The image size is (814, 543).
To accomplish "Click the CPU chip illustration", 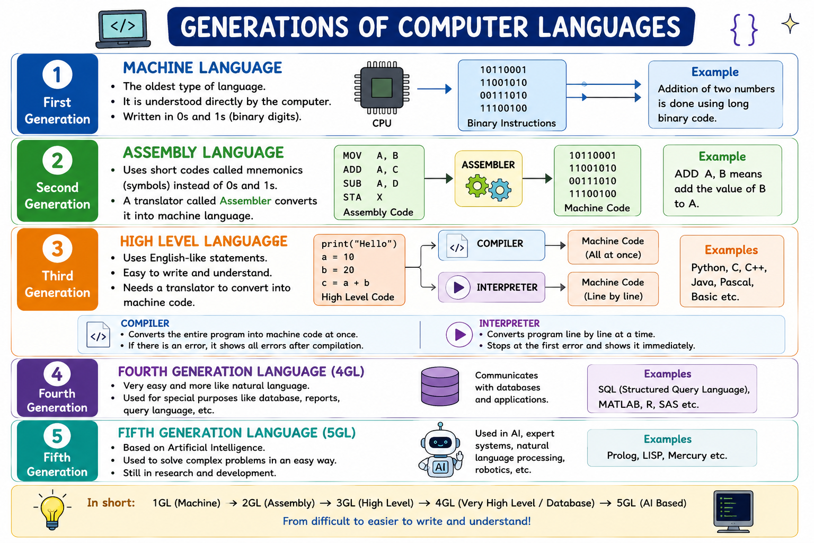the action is pos(382,87).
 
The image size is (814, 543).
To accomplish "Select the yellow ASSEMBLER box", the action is pos(489,179).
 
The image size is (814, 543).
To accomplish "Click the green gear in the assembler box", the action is pos(477,186).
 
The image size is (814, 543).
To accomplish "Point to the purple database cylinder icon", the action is pos(440,386).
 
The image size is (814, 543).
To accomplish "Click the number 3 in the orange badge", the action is pos(57,249).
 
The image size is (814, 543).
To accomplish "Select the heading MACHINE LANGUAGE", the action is pos(202,68).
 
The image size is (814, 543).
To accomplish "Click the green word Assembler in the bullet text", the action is pos(245,201).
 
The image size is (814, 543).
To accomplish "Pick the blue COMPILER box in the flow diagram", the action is pos(491,245).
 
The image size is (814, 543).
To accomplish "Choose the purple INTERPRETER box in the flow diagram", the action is pos(491,287).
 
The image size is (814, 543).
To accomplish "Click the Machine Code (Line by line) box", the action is pos(613,289).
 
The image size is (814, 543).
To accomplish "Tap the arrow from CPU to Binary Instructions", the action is pos(434,89).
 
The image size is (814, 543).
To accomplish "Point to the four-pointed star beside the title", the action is pos(790,24).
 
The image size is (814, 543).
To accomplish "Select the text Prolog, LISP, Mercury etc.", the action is pos(667,456).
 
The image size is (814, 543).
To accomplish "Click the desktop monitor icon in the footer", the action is pos(733,511).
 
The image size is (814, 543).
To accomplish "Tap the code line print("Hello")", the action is pos(359,244).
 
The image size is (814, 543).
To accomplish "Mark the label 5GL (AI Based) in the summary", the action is pos(651,503).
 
